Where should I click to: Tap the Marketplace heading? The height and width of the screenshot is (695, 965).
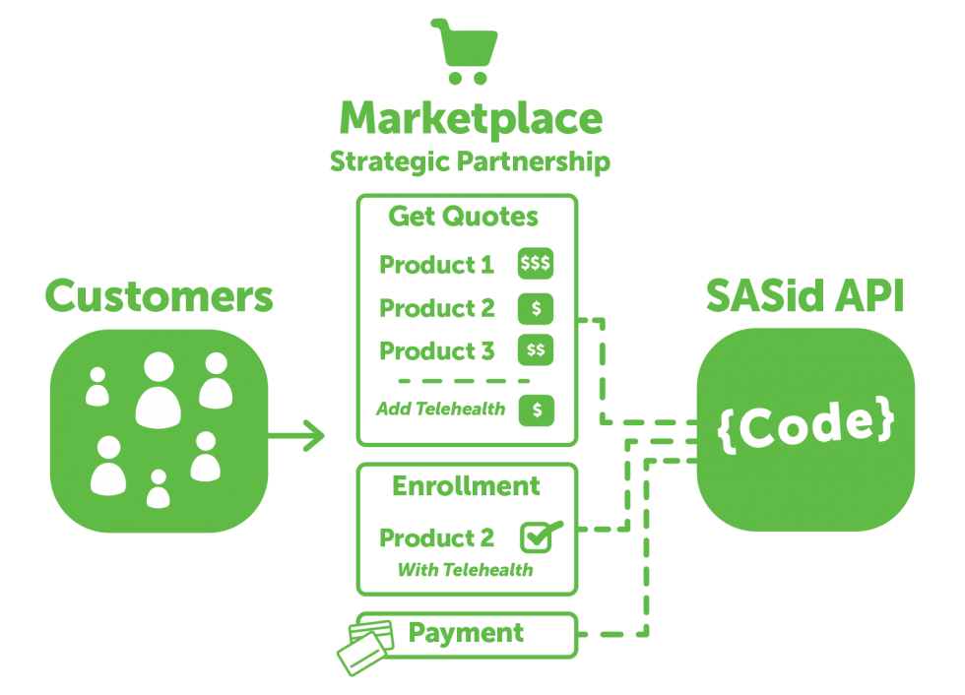(x=471, y=119)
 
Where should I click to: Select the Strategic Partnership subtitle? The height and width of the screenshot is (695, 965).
(x=470, y=161)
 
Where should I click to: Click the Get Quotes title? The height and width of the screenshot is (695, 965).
(x=463, y=217)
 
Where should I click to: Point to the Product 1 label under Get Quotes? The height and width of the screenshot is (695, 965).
(x=436, y=265)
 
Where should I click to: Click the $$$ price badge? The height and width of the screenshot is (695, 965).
(x=536, y=264)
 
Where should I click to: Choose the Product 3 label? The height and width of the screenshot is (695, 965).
(x=436, y=350)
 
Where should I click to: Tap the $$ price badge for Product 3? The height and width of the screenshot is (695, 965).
(x=536, y=350)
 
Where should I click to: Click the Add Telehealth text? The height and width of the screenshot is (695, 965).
(x=440, y=409)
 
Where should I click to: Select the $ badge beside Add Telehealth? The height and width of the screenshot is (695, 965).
(x=537, y=410)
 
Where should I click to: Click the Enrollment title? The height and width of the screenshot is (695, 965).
(x=466, y=486)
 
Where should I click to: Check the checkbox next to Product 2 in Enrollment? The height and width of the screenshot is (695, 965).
(x=538, y=537)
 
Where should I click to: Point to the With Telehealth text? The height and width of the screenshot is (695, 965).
(x=465, y=570)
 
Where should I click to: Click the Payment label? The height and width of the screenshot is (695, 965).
(x=466, y=633)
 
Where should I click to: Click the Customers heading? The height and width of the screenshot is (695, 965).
(x=159, y=296)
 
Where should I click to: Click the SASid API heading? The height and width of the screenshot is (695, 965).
(x=804, y=296)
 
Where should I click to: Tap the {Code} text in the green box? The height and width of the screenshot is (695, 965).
(x=806, y=424)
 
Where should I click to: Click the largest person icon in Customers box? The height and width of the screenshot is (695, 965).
(x=159, y=390)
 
